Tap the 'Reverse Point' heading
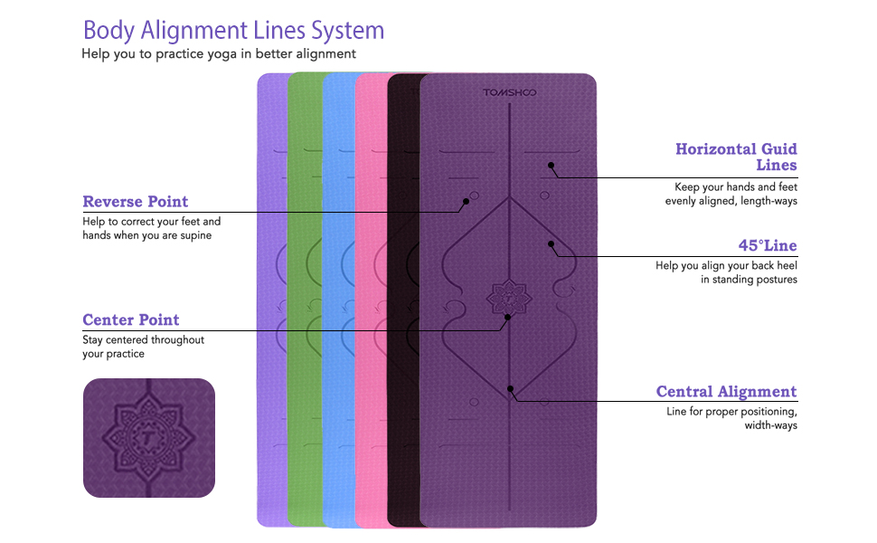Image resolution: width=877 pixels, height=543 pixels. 136,201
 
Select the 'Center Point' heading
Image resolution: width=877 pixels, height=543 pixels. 131,319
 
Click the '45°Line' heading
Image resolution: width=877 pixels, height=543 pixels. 767,245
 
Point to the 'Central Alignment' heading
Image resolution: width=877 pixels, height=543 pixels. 726,392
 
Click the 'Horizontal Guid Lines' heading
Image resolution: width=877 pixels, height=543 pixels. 736,157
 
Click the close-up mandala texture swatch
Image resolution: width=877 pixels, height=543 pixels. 149,438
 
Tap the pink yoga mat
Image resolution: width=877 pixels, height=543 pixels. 371,299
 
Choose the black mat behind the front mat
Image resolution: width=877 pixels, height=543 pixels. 403,299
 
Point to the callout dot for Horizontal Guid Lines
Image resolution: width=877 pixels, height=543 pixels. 550,166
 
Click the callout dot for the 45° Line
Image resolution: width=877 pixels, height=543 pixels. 550,243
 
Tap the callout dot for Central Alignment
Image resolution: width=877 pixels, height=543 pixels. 511,388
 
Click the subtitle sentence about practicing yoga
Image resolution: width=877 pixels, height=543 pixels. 219,54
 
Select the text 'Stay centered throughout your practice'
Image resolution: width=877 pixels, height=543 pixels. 143,347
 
